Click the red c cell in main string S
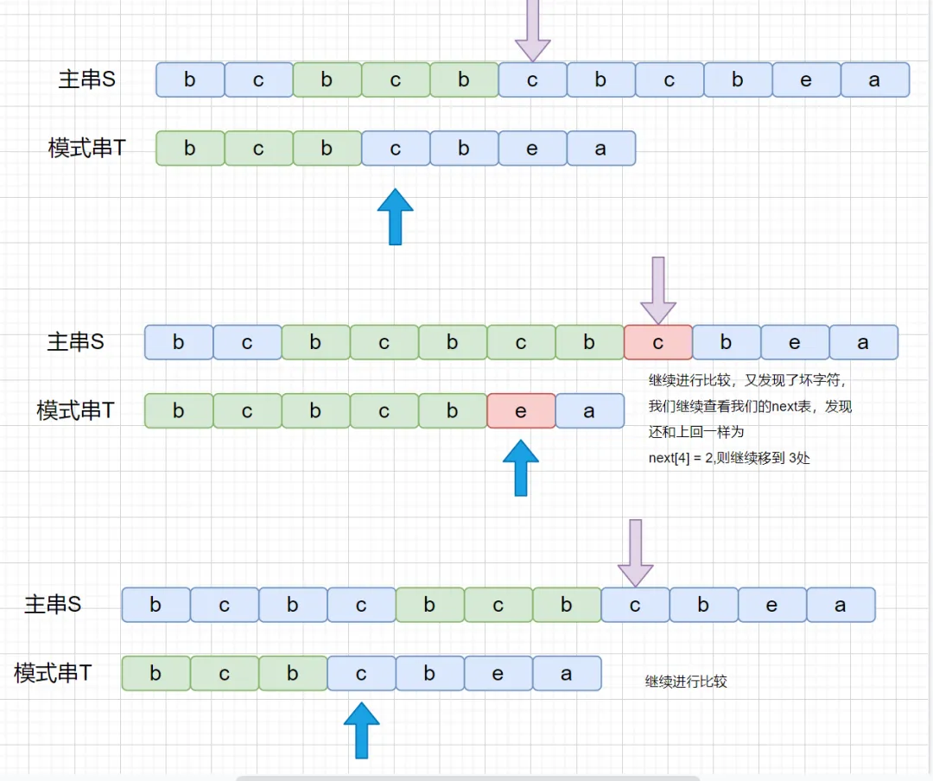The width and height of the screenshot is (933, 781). [658, 342]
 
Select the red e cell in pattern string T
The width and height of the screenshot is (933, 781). [521, 410]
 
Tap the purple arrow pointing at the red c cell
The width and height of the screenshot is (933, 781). [658, 291]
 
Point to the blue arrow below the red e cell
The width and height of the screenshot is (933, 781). [521, 468]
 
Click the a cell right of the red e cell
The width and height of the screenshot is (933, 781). [590, 410]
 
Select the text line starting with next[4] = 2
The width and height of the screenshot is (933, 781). [729, 458]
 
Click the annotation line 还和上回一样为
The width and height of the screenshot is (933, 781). [696, 432]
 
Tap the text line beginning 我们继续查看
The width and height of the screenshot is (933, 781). [750, 406]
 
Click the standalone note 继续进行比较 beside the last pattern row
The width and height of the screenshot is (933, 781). [686, 682]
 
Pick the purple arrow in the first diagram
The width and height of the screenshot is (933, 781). [532, 31]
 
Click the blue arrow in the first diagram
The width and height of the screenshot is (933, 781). [395, 217]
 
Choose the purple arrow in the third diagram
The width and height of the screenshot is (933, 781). [636, 553]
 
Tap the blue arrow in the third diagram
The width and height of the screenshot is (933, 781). [361, 730]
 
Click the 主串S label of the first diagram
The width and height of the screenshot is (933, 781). [87, 79]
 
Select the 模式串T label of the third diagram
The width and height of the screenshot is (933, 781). [53, 673]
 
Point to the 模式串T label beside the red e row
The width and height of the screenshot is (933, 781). [75, 410]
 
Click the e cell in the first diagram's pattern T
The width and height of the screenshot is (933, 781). [532, 149]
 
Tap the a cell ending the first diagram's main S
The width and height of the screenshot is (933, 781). [875, 79]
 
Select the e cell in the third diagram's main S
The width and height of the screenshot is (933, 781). [772, 605]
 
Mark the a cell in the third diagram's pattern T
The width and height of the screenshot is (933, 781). [567, 673]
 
